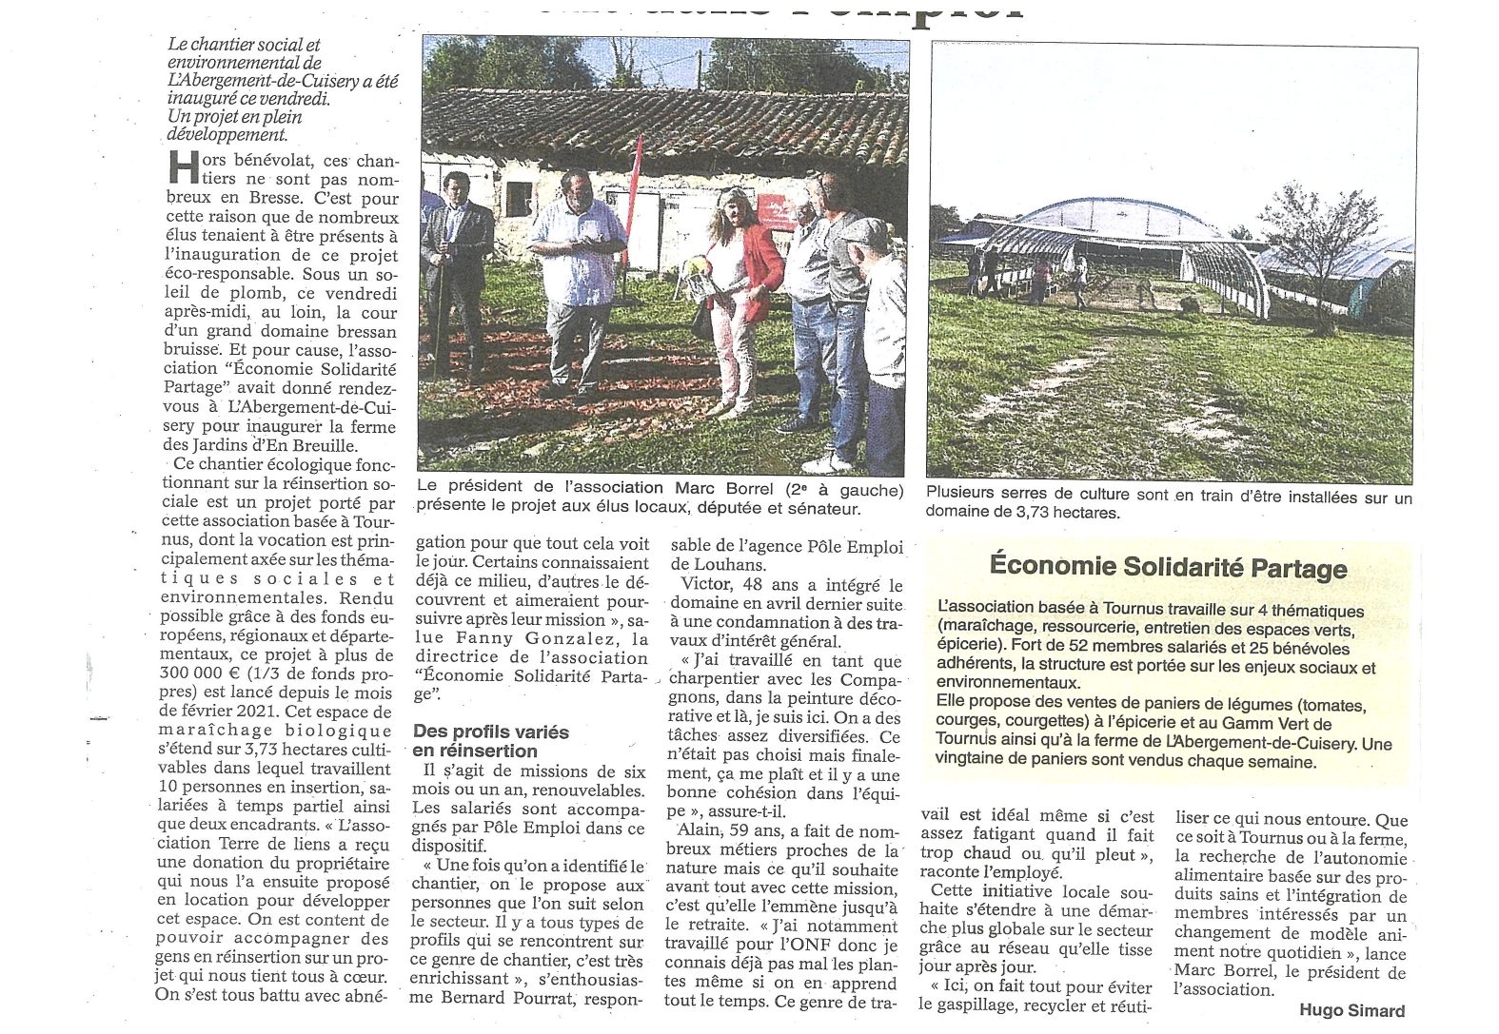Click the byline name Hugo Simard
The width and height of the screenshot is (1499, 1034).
click(x=1351, y=1010)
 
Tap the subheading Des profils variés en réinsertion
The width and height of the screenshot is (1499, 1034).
click(x=490, y=741)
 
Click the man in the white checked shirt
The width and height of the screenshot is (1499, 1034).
click(x=577, y=276)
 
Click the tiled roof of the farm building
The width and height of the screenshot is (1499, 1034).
click(x=666, y=124)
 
